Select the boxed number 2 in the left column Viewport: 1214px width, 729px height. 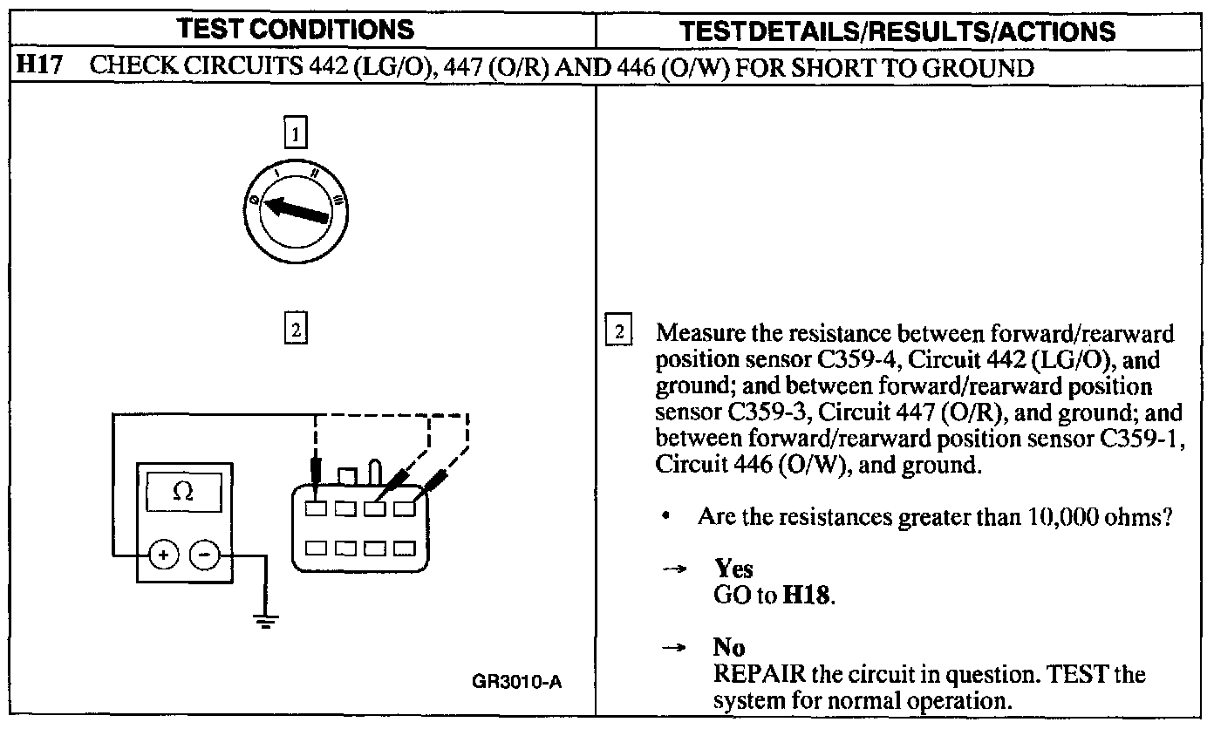coord(297,330)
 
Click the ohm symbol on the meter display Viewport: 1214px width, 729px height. coord(182,492)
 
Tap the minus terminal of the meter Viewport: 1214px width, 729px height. coord(205,554)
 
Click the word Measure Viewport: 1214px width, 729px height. coord(699,334)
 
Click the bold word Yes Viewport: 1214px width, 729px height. coord(733,569)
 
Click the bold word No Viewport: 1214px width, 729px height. coord(729,647)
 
